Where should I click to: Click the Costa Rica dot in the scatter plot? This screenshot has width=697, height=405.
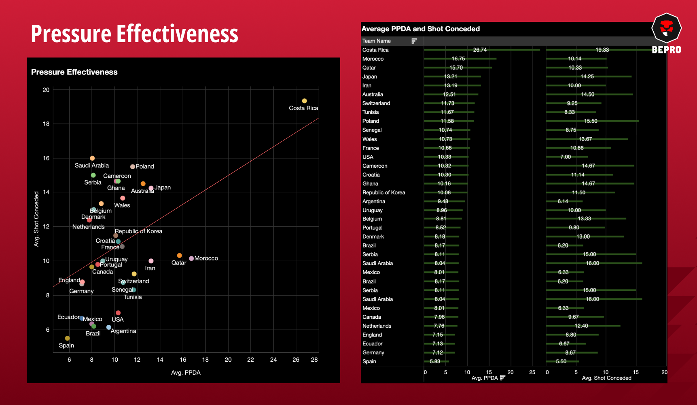[304, 101]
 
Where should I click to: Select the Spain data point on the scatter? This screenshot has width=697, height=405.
[67, 338]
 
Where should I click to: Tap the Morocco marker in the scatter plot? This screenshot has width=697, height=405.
[191, 258]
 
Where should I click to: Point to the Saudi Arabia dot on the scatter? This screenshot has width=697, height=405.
[92, 158]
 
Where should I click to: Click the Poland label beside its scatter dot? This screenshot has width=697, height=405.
[145, 166]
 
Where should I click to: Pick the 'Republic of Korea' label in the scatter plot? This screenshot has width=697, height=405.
[138, 231]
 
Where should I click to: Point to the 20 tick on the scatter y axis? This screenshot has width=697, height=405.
[46, 90]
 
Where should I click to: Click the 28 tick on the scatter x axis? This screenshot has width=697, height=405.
[314, 360]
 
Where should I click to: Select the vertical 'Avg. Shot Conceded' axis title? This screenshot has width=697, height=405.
[36, 219]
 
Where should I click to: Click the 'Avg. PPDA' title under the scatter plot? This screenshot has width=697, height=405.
[186, 373]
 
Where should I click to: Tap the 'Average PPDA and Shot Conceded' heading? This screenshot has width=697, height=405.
[420, 29]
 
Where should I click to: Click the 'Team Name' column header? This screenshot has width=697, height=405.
[377, 41]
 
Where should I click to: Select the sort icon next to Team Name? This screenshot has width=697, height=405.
[414, 41]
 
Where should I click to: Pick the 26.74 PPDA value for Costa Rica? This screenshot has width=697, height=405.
[480, 50]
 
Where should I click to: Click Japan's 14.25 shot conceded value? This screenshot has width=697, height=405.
[587, 77]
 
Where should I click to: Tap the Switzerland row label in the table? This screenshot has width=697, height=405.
[376, 103]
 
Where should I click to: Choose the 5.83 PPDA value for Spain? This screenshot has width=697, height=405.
[435, 361]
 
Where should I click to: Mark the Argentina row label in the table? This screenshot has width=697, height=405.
[374, 201]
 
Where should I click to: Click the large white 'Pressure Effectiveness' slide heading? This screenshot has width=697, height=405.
[134, 34]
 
